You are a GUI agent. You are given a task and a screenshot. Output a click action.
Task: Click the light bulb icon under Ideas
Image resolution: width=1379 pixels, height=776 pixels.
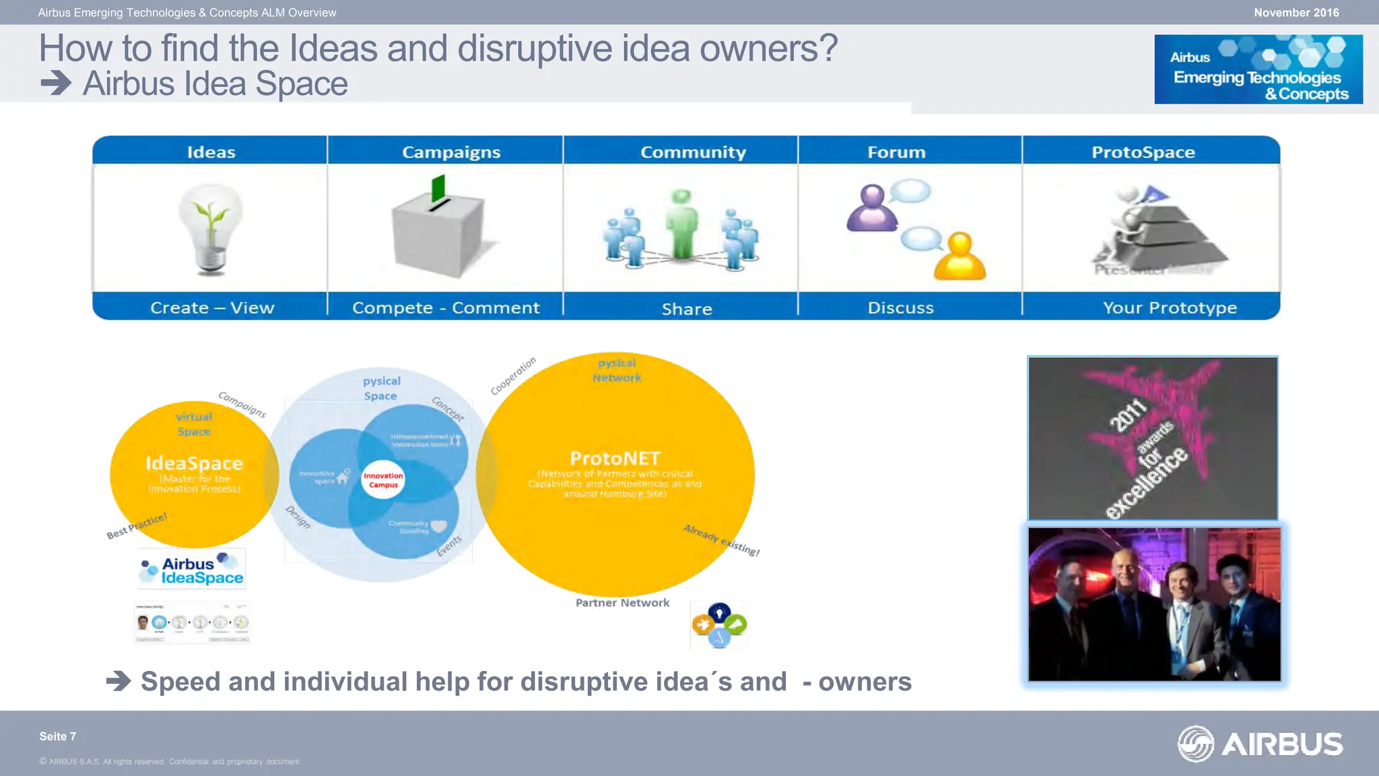pyautogui.click(x=211, y=229)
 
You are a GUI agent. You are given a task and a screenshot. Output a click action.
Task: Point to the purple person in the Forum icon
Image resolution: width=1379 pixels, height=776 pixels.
pyautogui.click(x=872, y=208)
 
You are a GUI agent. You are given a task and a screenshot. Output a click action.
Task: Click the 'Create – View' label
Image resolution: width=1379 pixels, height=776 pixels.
pyautogui.click(x=212, y=308)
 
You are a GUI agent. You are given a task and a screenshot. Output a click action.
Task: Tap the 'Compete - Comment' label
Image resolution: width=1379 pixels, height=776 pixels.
pyautogui.click(x=446, y=308)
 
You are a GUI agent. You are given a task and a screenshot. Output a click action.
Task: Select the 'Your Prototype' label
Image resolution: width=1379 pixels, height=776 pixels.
pyautogui.click(x=1170, y=308)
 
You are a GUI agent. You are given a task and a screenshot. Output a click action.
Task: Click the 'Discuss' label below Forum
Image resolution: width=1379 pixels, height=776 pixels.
pyautogui.click(x=900, y=308)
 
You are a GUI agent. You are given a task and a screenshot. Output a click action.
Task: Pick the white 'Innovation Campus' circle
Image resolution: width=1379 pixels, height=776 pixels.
pyautogui.click(x=383, y=480)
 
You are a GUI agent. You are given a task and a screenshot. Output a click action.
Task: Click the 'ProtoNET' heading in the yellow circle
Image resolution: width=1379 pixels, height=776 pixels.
pyautogui.click(x=615, y=459)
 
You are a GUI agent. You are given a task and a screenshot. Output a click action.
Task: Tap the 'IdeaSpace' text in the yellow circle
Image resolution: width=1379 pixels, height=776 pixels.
pyautogui.click(x=194, y=463)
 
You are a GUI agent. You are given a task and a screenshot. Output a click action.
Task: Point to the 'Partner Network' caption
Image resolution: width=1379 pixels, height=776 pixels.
pyautogui.click(x=622, y=603)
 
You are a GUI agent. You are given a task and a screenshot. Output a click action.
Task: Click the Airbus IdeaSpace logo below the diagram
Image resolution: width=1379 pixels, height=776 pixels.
pyautogui.click(x=192, y=570)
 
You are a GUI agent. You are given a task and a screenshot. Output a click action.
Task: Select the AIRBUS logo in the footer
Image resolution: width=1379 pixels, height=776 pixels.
pyautogui.click(x=1260, y=744)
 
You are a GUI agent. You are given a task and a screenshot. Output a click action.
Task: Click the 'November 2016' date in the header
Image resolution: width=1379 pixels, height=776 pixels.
pyautogui.click(x=1296, y=13)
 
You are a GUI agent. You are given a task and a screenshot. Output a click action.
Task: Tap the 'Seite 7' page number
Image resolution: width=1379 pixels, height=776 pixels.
pyautogui.click(x=58, y=736)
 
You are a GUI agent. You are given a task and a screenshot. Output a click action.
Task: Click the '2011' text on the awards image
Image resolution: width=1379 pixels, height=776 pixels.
pyautogui.click(x=1129, y=415)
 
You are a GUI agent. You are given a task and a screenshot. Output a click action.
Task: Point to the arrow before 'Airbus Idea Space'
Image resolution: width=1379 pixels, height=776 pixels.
pyautogui.click(x=56, y=84)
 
